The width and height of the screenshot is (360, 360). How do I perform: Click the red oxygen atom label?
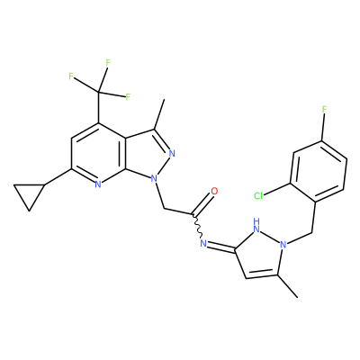214,191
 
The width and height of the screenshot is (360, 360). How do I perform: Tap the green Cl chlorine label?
258,196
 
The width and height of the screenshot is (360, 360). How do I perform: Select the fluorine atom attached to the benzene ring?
324,109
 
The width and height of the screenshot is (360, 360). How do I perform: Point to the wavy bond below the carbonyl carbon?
198,226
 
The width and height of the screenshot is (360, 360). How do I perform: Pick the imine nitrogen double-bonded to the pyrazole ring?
203,243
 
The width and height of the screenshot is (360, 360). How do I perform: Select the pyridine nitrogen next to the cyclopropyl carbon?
97,184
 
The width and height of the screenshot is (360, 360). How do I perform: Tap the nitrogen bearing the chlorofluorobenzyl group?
283,245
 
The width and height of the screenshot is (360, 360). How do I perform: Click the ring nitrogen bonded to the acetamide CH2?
154,179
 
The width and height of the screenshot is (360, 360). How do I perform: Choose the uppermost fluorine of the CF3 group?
108,63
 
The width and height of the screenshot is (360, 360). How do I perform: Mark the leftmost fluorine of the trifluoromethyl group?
71,76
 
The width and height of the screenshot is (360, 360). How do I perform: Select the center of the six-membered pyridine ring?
99,153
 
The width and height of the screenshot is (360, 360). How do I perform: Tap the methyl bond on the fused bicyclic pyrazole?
159,114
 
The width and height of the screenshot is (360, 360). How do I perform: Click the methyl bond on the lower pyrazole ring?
288,286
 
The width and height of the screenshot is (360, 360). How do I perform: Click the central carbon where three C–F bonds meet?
98,91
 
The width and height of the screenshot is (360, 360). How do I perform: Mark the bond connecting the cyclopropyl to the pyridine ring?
58,176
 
